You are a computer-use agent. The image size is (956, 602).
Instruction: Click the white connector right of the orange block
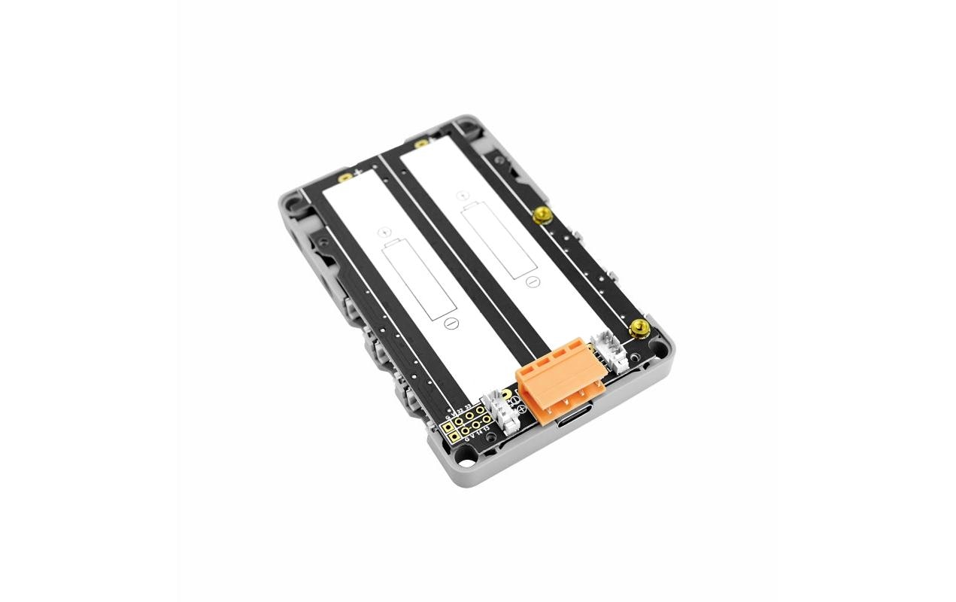pos(610,351)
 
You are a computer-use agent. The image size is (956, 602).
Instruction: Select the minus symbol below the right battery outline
pos(531,282)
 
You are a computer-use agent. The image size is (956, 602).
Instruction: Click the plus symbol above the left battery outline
pos(383,232)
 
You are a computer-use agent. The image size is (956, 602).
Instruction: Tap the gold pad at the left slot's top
pos(345,178)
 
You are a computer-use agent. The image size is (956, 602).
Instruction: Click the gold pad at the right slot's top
pos(422,143)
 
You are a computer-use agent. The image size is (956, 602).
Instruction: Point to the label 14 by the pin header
pos(478,432)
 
